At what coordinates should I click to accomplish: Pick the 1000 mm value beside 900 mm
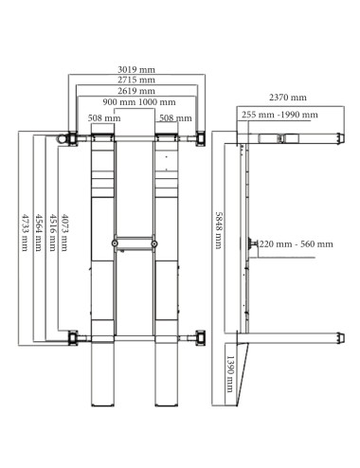pos(156,102)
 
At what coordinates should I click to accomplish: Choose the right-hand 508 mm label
pos(175,118)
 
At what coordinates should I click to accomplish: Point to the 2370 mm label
pos(287,98)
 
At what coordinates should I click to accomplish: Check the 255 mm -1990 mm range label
pos(278,114)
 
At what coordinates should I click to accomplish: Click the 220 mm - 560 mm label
pos(295,244)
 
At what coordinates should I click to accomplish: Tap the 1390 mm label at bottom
pos(229,377)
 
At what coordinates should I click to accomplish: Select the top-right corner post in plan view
pos(201,139)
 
